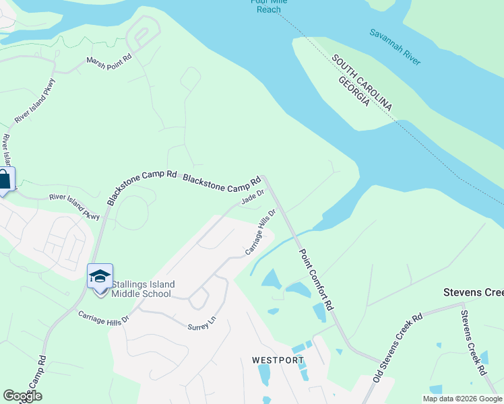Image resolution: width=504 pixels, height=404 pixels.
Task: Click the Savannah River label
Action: point(395,47)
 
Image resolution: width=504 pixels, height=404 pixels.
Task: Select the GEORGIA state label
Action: point(353,90)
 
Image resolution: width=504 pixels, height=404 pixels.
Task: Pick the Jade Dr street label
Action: point(253,197)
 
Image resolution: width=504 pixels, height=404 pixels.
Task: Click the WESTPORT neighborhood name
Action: point(278,360)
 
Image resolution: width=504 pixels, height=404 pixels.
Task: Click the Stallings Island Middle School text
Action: point(141,289)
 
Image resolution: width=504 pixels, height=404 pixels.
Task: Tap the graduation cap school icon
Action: point(100,276)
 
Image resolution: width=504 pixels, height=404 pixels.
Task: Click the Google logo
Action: point(22,396)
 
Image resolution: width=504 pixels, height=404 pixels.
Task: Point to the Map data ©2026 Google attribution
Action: point(462,399)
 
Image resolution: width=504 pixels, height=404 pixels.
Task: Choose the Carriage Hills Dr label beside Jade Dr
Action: point(261,232)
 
